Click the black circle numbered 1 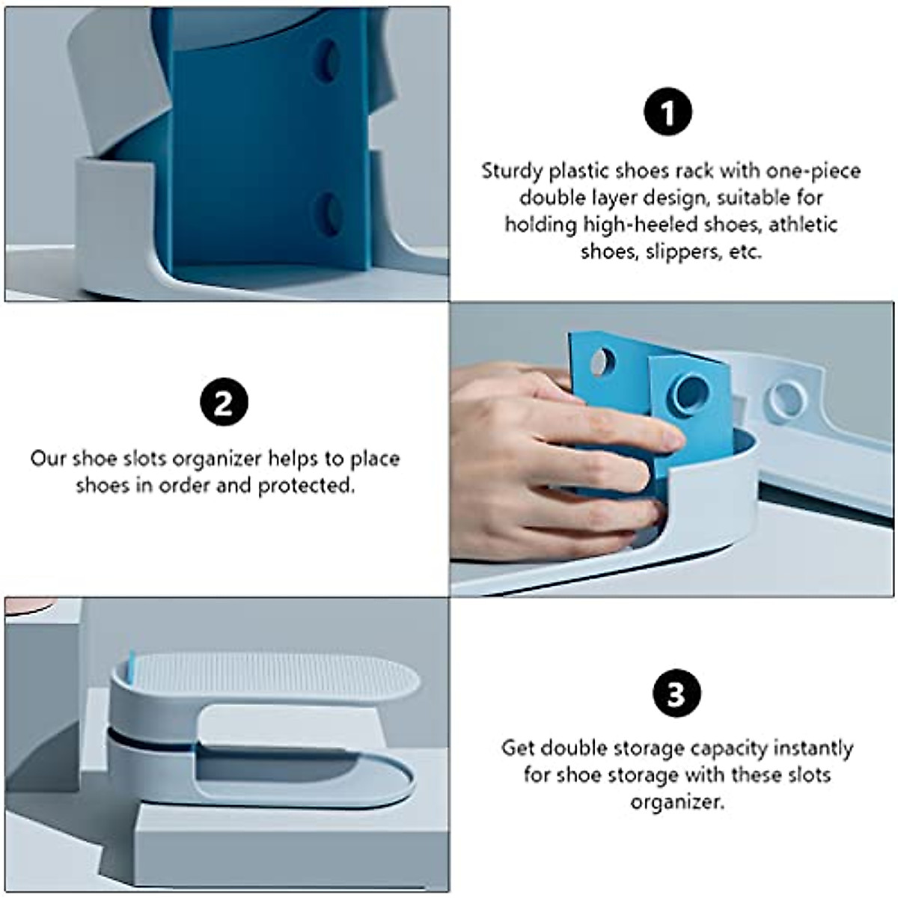tap(668, 113)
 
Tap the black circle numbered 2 tap(224, 403)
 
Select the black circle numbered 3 tap(675, 694)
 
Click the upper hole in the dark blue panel tap(327, 61)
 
